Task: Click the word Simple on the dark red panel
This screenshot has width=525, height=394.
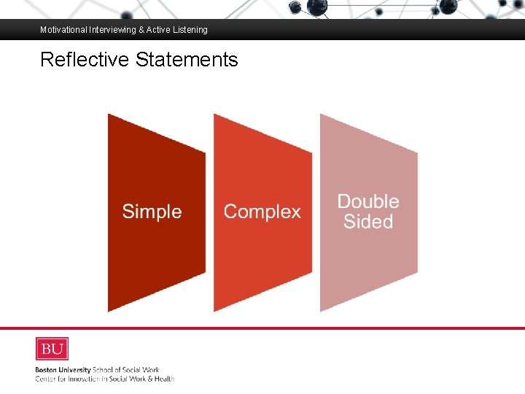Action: [152, 212]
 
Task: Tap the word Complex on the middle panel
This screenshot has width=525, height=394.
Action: [262, 212]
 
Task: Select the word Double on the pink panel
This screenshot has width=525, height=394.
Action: [368, 201]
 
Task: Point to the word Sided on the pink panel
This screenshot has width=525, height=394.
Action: [368, 222]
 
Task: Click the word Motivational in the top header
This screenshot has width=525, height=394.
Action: [63, 30]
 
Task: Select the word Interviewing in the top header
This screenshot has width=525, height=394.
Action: [113, 30]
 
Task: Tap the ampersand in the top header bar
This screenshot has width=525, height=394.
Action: [141, 30]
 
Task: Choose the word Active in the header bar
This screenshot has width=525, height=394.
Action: [159, 30]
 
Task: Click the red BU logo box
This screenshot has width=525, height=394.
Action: [52, 349]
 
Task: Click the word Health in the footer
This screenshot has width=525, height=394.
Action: [163, 379]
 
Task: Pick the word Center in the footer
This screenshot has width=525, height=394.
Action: [47, 379]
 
